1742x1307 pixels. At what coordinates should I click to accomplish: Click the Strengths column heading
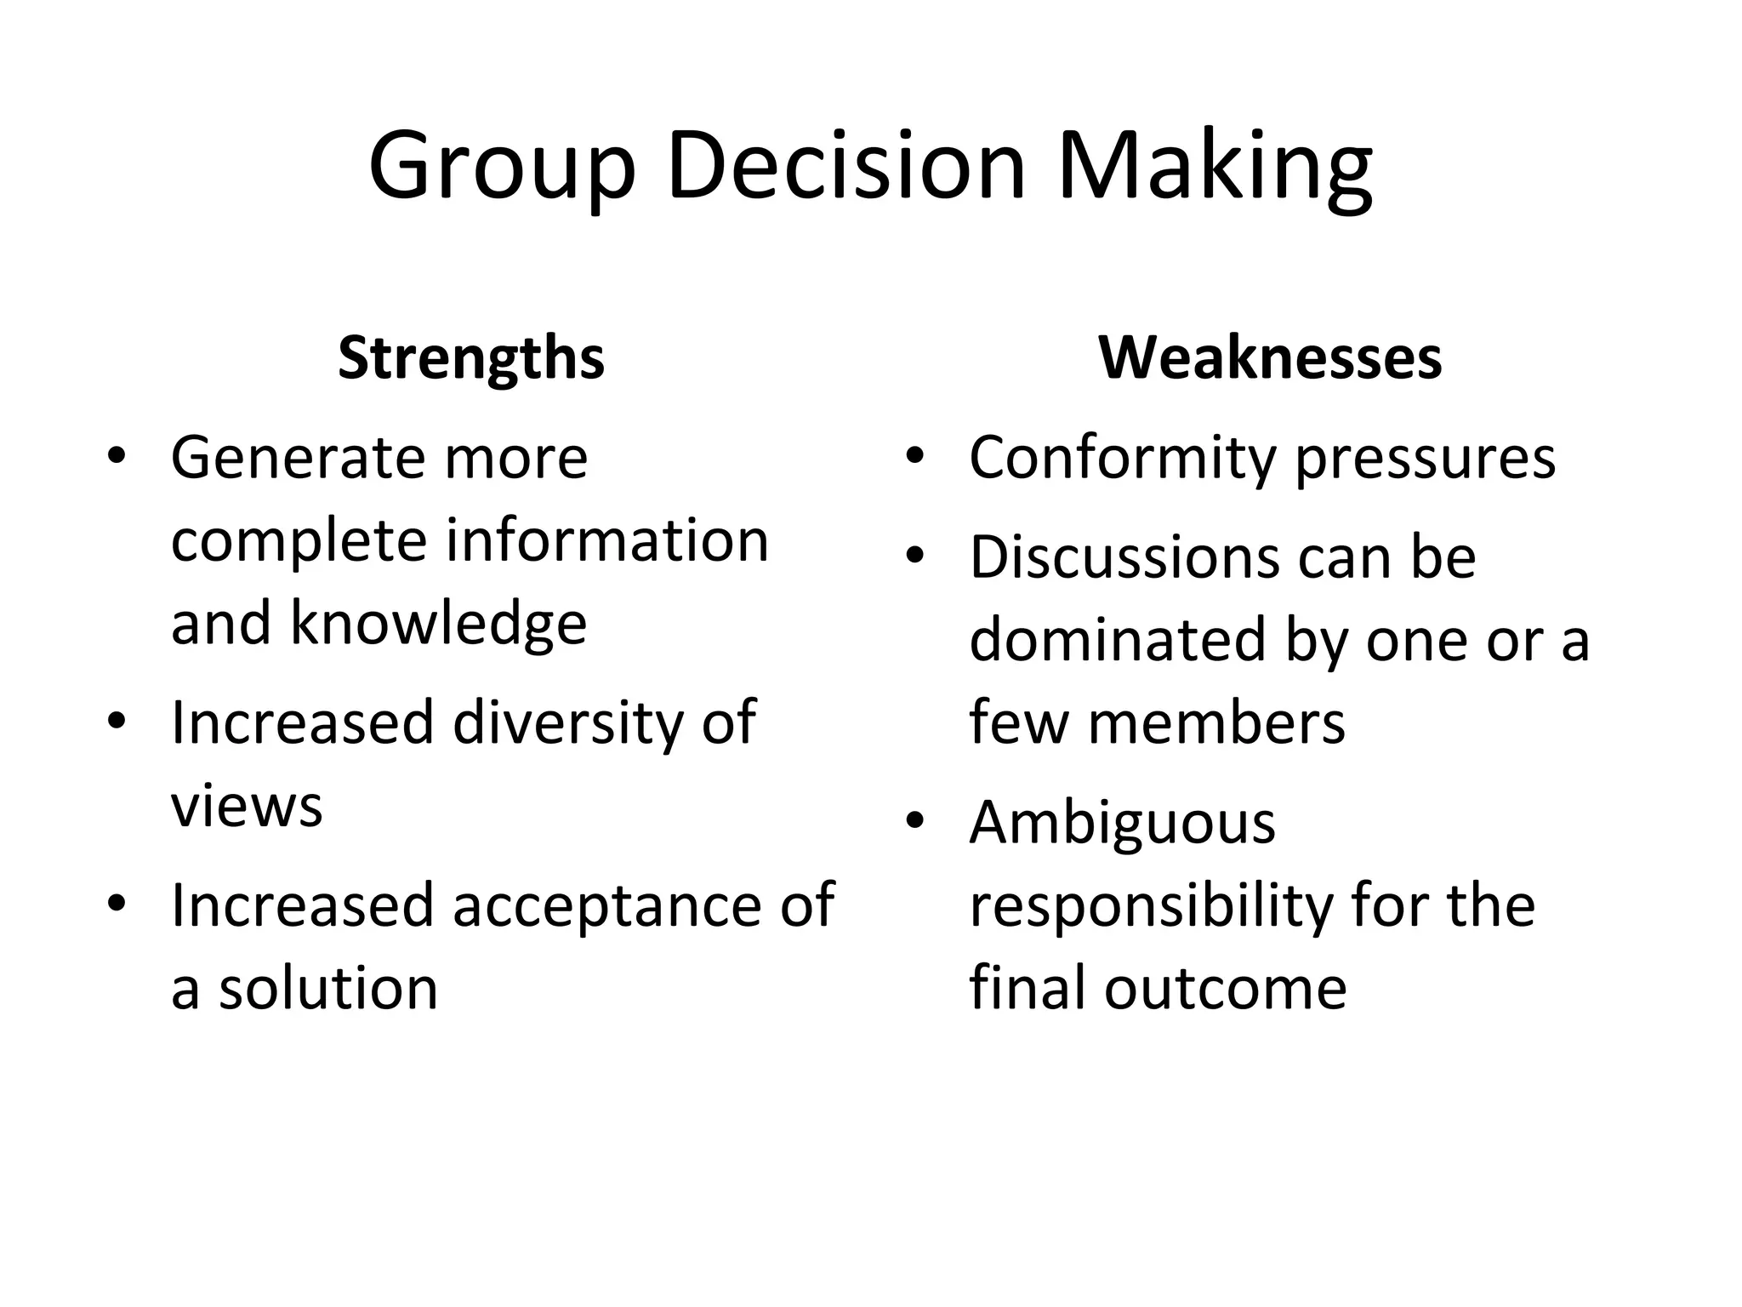pos(471,358)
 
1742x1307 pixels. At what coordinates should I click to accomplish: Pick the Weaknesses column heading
pos(1270,358)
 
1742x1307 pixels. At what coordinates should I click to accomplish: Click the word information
pos(607,540)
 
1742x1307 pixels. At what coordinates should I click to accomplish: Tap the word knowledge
pos(438,623)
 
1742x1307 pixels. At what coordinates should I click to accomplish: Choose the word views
pos(247,806)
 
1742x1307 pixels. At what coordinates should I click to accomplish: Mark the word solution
pos(328,988)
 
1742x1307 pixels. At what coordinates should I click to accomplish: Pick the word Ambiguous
pos(1123,824)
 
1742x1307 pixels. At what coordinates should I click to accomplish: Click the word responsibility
pos(1151,906)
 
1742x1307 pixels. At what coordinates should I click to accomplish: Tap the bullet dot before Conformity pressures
pos(914,456)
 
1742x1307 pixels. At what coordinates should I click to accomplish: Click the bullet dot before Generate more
pos(117,456)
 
